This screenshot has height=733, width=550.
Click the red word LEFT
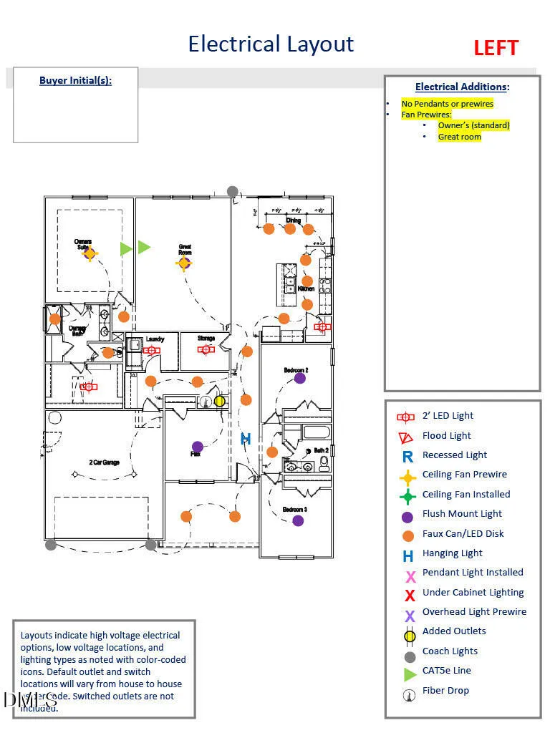(496, 48)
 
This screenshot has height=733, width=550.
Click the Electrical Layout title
(271, 44)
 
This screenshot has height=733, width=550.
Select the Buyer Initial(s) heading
(75, 80)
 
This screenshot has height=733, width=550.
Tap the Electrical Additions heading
(462, 87)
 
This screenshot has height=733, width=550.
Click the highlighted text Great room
(459, 137)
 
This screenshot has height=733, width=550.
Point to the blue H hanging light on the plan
(246, 439)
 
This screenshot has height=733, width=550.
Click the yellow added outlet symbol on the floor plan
(220, 402)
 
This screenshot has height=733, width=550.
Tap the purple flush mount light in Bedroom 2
(299, 378)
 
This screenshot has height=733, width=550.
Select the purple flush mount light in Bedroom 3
(298, 520)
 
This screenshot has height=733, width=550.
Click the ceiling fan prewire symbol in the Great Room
(184, 263)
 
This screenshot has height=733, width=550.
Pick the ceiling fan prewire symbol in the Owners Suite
(90, 253)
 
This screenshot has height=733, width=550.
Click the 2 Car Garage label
(104, 462)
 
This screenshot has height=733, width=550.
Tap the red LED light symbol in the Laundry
(151, 350)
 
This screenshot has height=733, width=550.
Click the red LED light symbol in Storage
(206, 349)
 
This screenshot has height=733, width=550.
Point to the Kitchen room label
(306, 288)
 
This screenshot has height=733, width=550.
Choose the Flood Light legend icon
(406, 436)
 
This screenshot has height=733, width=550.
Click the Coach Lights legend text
(450, 651)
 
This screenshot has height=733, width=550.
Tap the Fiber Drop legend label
(445, 690)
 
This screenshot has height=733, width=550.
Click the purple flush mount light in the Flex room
(198, 447)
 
